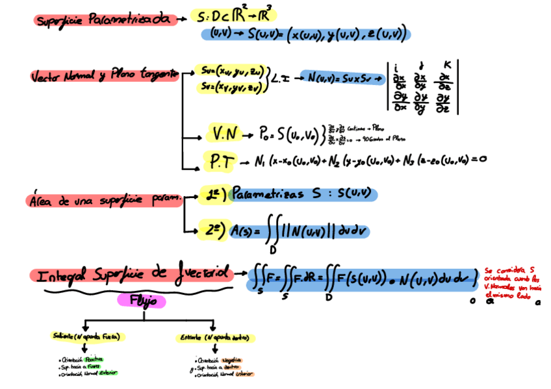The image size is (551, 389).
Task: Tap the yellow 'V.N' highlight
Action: [x=224, y=134]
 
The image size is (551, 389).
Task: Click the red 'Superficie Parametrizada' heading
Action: [x=104, y=19]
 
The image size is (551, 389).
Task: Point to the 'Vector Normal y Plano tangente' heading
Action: [x=103, y=76]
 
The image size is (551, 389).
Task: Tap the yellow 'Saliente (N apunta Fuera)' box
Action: [x=88, y=337]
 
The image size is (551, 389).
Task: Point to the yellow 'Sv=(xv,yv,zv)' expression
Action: [x=231, y=86]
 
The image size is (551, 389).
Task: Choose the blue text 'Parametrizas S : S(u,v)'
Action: [x=302, y=194]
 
